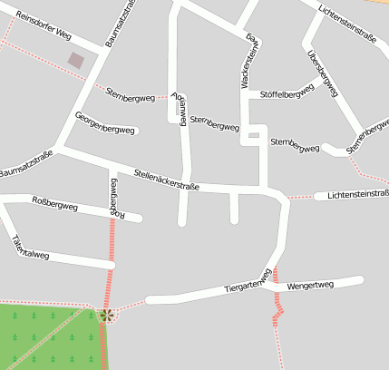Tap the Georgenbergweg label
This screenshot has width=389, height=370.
tap(105, 122)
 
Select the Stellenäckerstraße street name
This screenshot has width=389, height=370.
tap(166, 179)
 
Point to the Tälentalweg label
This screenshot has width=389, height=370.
tap(30, 248)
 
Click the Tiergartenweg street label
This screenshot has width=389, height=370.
tap(248, 282)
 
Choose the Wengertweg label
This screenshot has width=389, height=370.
tap(310, 286)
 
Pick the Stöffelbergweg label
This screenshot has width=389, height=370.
tap(287, 92)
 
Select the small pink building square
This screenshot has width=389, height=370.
tap(77, 61)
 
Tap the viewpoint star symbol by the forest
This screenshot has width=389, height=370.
tap(106, 315)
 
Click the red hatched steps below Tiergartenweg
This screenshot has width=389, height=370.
tap(278, 313)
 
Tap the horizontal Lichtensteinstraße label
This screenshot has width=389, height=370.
tap(357, 194)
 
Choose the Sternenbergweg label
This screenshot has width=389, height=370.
tap(366, 132)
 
